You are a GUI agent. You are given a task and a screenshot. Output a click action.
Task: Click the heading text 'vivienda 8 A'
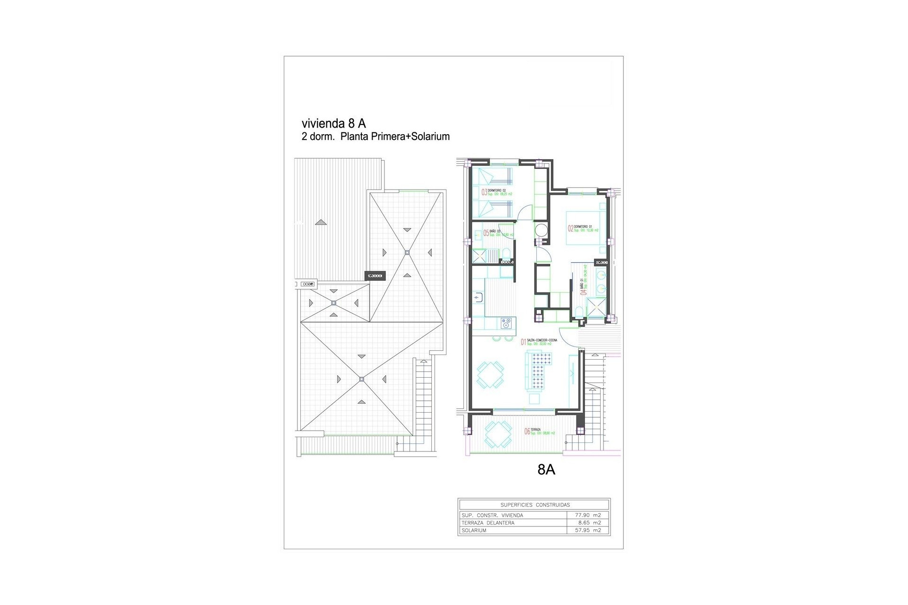(333, 123)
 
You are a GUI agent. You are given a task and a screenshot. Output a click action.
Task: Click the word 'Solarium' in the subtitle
(430, 137)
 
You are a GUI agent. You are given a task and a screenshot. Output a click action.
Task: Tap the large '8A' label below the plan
(546, 470)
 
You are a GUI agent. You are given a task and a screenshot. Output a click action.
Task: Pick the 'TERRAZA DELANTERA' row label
(487, 523)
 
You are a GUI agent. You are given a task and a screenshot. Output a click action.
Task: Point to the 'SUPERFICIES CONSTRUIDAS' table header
(535, 505)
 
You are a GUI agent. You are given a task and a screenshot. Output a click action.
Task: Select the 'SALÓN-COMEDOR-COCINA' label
(541, 340)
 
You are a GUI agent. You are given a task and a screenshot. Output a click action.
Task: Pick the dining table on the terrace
(498, 434)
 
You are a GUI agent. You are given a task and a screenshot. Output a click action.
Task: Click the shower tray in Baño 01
(596, 310)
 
